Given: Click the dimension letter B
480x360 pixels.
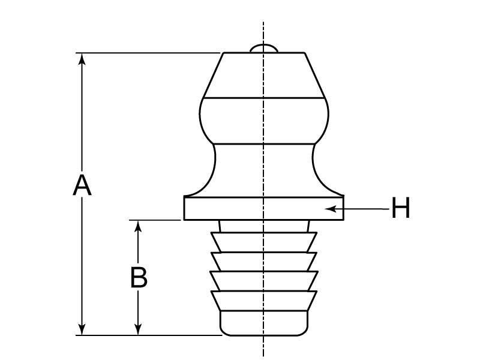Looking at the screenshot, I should [x=139, y=278].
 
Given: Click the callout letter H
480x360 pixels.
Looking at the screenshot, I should [x=400, y=209].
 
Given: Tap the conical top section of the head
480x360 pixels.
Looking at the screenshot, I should [x=264, y=75].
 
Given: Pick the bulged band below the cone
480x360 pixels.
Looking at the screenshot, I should [x=264, y=120].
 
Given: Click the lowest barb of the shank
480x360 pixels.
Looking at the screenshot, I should [x=264, y=301].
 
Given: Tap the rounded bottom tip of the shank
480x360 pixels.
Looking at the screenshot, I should [x=264, y=324].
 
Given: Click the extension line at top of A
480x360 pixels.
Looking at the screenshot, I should [x=150, y=53].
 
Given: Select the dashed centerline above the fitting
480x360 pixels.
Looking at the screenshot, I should [x=264, y=30].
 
